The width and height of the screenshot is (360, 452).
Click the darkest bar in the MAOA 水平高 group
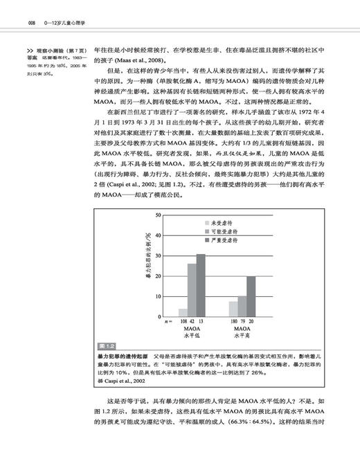251,296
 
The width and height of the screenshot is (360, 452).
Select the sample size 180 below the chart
233,322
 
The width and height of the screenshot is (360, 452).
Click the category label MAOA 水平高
242,334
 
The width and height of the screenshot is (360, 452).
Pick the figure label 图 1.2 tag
105,344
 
